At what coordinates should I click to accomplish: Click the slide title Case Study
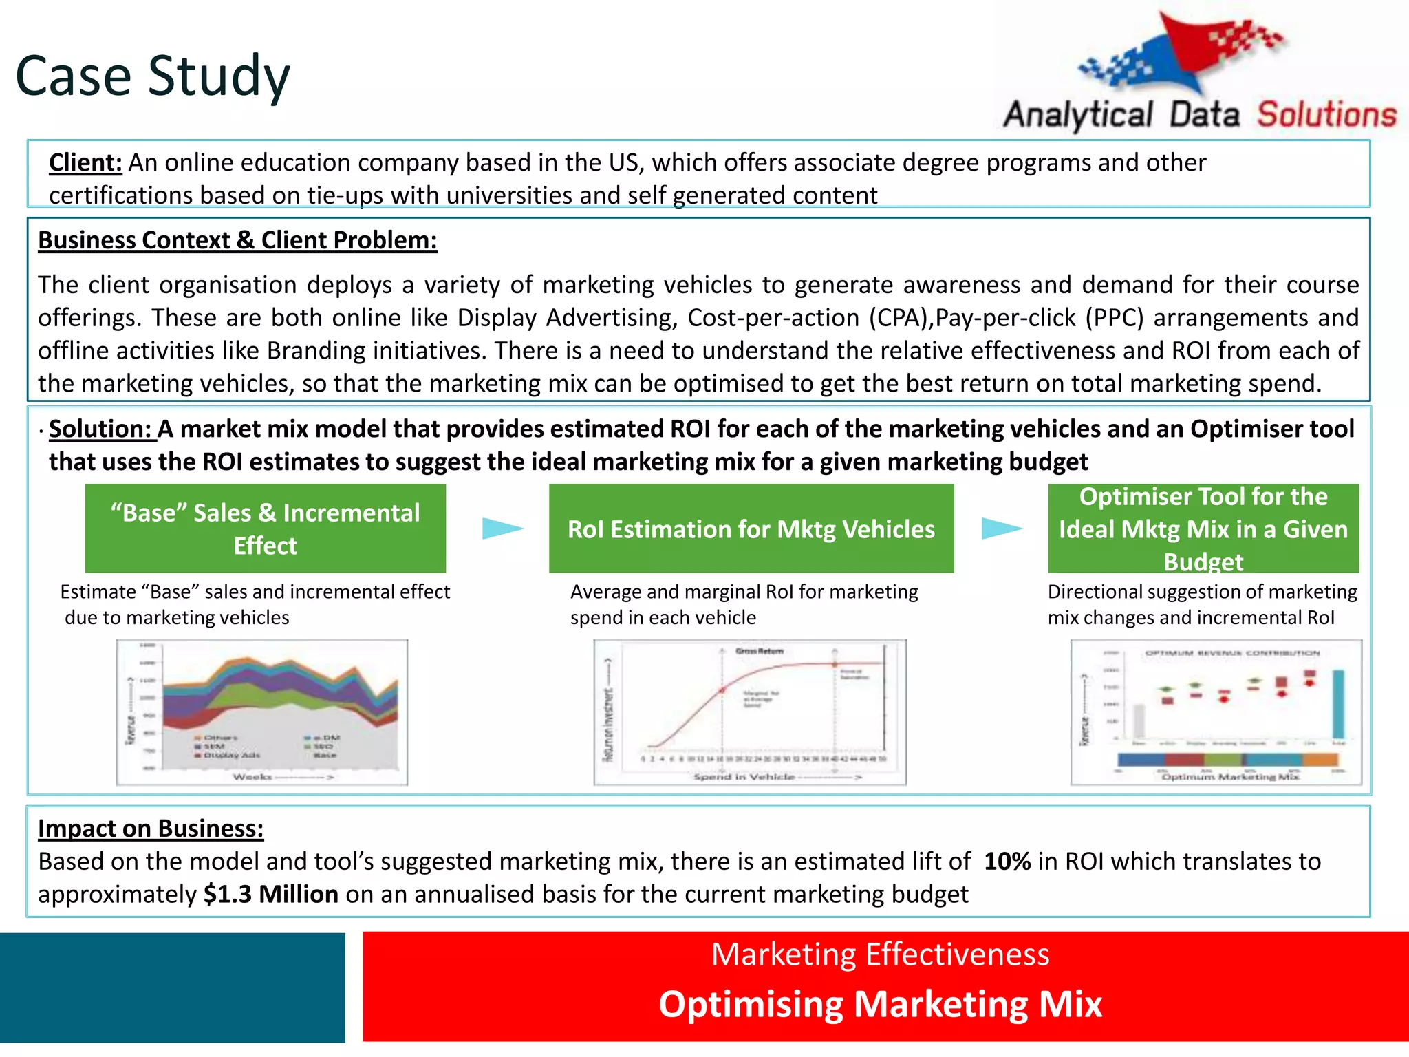click(153, 76)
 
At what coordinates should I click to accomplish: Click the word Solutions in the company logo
click(1326, 115)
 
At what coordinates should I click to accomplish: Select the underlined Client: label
click(85, 162)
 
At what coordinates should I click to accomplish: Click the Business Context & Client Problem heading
click(237, 240)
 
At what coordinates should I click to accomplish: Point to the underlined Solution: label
click(100, 429)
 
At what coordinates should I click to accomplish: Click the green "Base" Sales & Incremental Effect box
click(266, 528)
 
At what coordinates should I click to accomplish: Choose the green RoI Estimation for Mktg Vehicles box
click(751, 528)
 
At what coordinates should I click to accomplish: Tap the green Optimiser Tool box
click(1203, 528)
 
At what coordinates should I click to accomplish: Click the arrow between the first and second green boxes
click(502, 528)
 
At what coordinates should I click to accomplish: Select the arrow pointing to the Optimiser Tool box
click(1001, 528)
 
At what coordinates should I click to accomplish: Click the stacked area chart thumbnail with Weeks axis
click(262, 712)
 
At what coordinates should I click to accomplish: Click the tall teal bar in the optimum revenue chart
click(1338, 703)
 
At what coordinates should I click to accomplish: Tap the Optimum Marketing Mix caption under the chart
click(1230, 776)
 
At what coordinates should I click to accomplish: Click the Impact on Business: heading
click(151, 829)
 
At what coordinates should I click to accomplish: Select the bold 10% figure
click(1007, 862)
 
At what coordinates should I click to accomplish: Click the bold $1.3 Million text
click(271, 895)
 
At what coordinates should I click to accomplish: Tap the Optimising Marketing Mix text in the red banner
click(880, 1004)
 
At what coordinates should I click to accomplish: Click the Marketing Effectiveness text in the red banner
click(880, 954)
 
